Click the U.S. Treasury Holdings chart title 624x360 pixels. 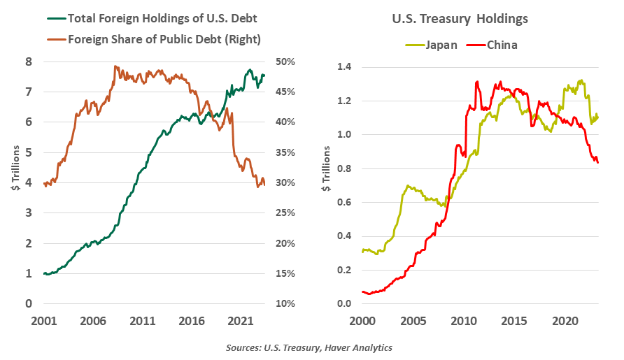tap(460, 19)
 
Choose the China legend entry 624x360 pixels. tap(502, 45)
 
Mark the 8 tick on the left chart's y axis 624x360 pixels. tap(29, 62)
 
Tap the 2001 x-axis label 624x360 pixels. tap(43, 322)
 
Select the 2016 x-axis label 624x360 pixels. tap(191, 322)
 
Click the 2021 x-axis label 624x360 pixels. tap(240, 322)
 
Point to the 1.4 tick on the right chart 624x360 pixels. tap(344, 67)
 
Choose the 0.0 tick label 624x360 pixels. tap(344, 304)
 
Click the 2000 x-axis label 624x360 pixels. tap(362, 322)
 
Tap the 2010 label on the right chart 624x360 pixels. tap(462, 322)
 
